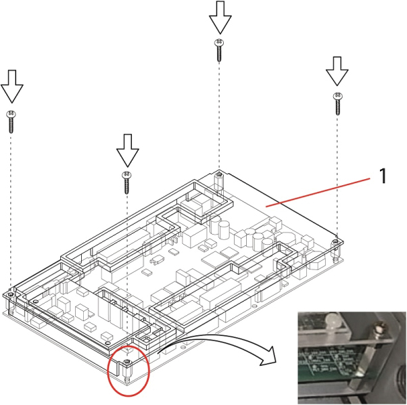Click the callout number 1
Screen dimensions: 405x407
click(383, 176)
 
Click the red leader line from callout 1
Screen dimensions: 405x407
click(318, 190)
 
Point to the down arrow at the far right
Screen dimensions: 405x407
click(337, 71)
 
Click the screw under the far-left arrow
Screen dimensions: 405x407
click(11, 121)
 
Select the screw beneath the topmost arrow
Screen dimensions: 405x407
click(219, 51)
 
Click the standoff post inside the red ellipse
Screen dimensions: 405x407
click(128, 371)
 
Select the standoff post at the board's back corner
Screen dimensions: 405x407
click(219, 177)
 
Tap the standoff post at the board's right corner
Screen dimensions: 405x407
click(335, 244)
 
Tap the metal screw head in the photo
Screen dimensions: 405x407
click(380, 328)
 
